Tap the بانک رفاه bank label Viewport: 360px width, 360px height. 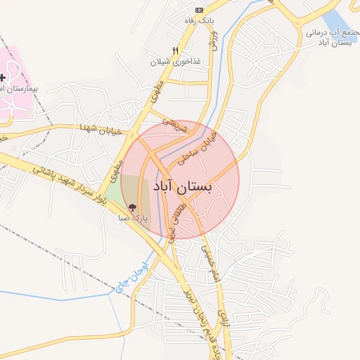pyautogui.click(x=198, y=21)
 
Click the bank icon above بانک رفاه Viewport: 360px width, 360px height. pyautogui.click(x=199, y=10)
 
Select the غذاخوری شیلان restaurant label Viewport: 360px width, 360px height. pyautogui.click(x=175, y=61)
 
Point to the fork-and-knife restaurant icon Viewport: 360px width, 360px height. pyautogui.click(x=175, y=51)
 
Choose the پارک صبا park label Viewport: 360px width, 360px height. pyautogui.click(x=133, y=218)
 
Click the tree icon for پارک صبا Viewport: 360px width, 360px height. pyautogui.click(x=133, y=207)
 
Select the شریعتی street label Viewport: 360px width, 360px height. pyautogui.click(x=176, y=124)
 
